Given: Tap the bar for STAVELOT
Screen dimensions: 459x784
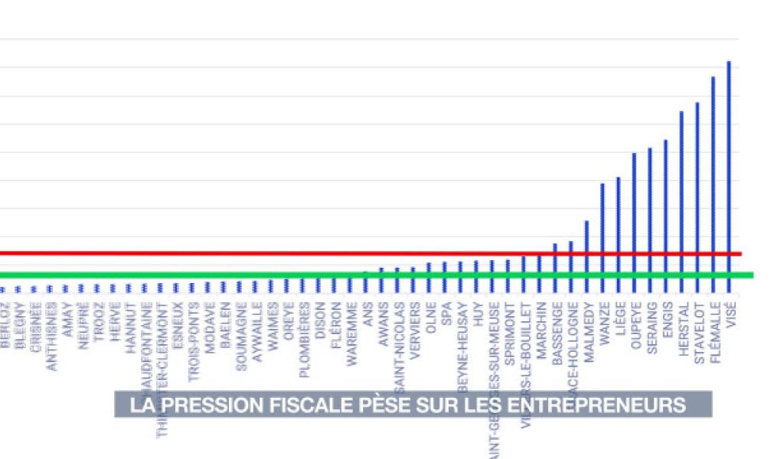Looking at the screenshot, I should point(697,191).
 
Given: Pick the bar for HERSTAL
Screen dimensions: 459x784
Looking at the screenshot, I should point(681,195).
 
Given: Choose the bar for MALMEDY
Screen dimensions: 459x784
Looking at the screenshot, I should point(586,249).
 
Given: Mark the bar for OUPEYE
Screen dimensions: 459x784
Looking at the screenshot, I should point(634,214).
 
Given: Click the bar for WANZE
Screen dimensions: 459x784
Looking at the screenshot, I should point(603,229).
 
